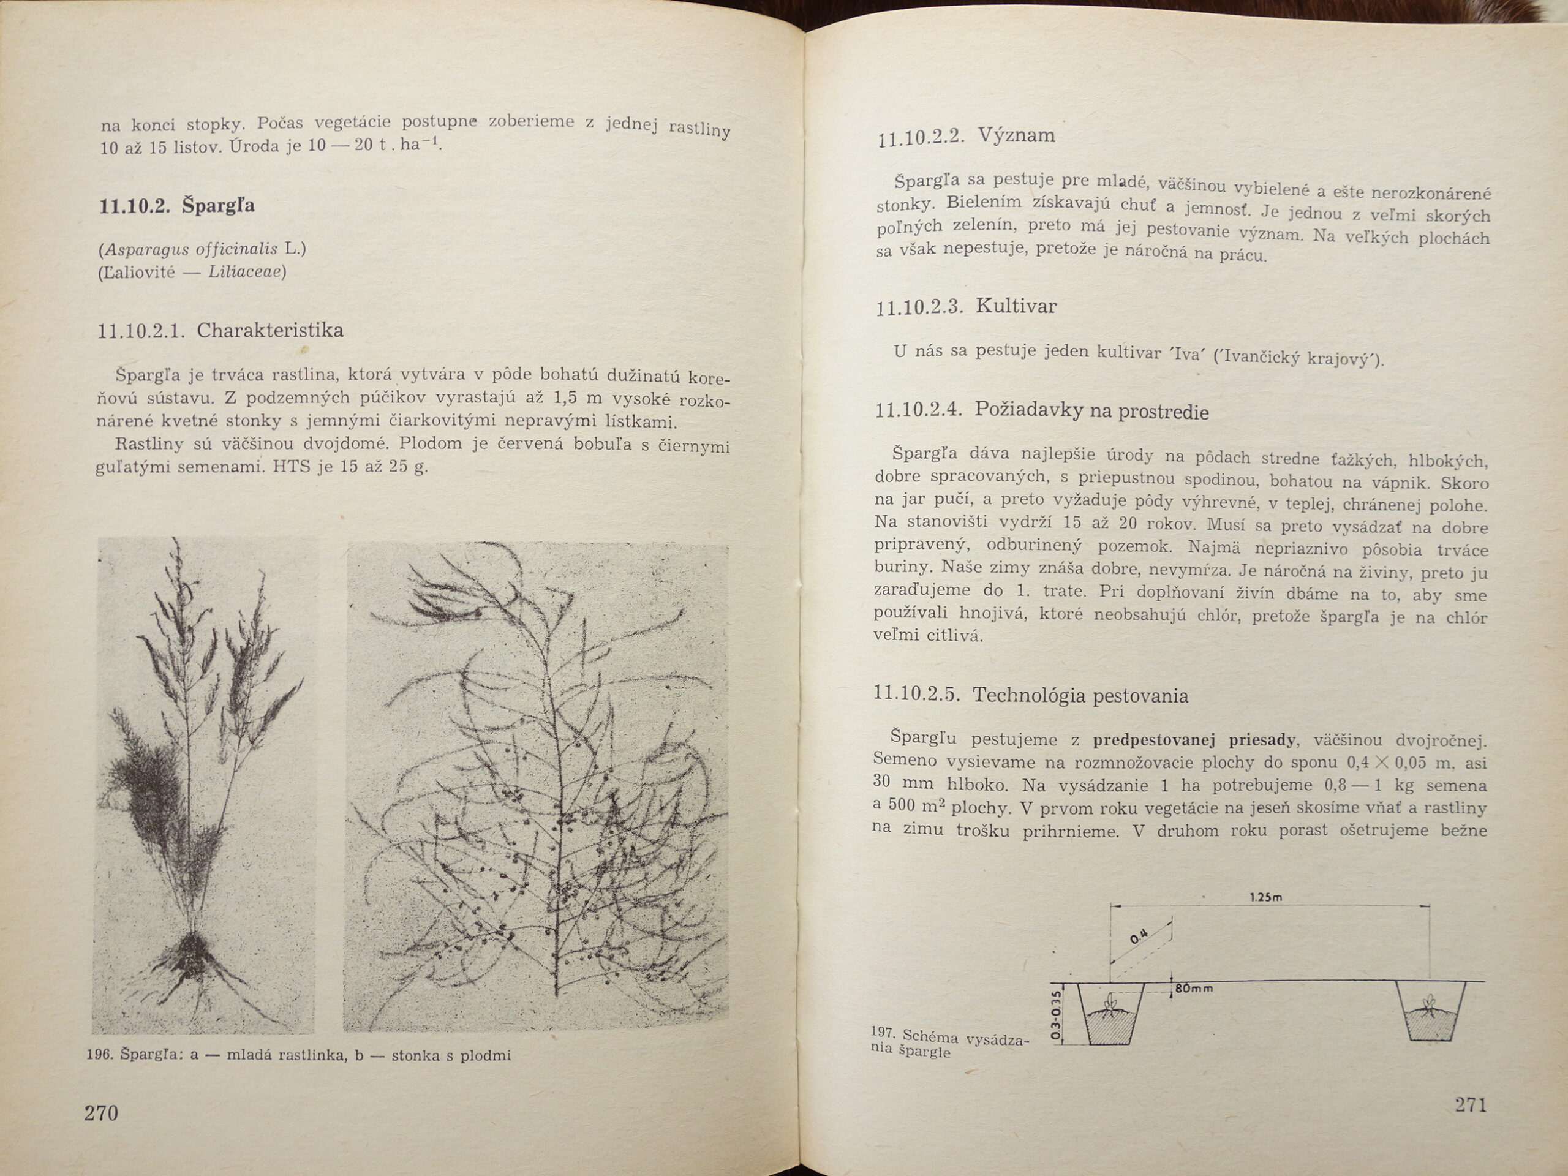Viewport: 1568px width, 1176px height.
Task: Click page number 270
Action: click(101, 1113)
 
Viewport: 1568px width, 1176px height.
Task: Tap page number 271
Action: click(1471, 1104)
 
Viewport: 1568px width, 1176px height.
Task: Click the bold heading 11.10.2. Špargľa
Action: click(176, 206)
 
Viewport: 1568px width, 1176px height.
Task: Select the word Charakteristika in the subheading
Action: click(270, 330)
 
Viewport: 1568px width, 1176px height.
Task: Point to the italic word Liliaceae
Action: click(245, 272)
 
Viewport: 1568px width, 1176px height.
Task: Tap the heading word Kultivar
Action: click(1016, 306)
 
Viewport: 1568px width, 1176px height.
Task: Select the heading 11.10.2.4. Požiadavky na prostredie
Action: click(1041, 410)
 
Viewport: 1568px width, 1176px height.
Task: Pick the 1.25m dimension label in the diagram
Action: click(1265, 897)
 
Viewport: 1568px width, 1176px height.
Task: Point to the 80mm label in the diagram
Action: click(1194, 988)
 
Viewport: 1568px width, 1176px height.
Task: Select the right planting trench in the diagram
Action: click(1430, 1012)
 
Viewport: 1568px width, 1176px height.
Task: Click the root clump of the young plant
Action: click(191, 954)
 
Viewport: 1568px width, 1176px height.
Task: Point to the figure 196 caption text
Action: click(298, 1055)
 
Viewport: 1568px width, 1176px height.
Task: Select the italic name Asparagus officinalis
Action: click(189, 249)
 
